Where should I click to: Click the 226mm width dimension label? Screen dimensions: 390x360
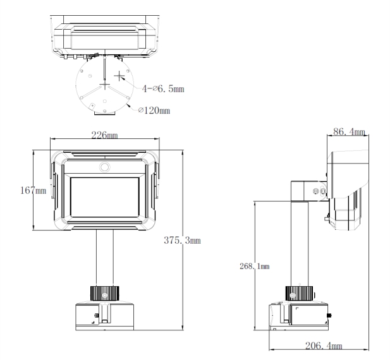tap(104, 135)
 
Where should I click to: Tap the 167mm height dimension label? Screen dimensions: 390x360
tap(34, 191)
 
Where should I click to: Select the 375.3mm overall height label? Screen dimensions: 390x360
tap(182, 240)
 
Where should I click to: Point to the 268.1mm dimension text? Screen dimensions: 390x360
tap(255, 267)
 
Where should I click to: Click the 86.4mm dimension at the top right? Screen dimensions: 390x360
tap(349, 131)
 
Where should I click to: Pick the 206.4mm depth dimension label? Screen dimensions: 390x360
tap(324, 345)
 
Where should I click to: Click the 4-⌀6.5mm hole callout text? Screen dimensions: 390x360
tap(163, 88)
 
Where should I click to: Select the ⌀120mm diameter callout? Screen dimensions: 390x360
tap(154, 110)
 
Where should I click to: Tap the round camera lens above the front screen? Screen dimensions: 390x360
tap(105, 167)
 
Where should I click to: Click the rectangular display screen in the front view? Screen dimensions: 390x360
tap(105, 197)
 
